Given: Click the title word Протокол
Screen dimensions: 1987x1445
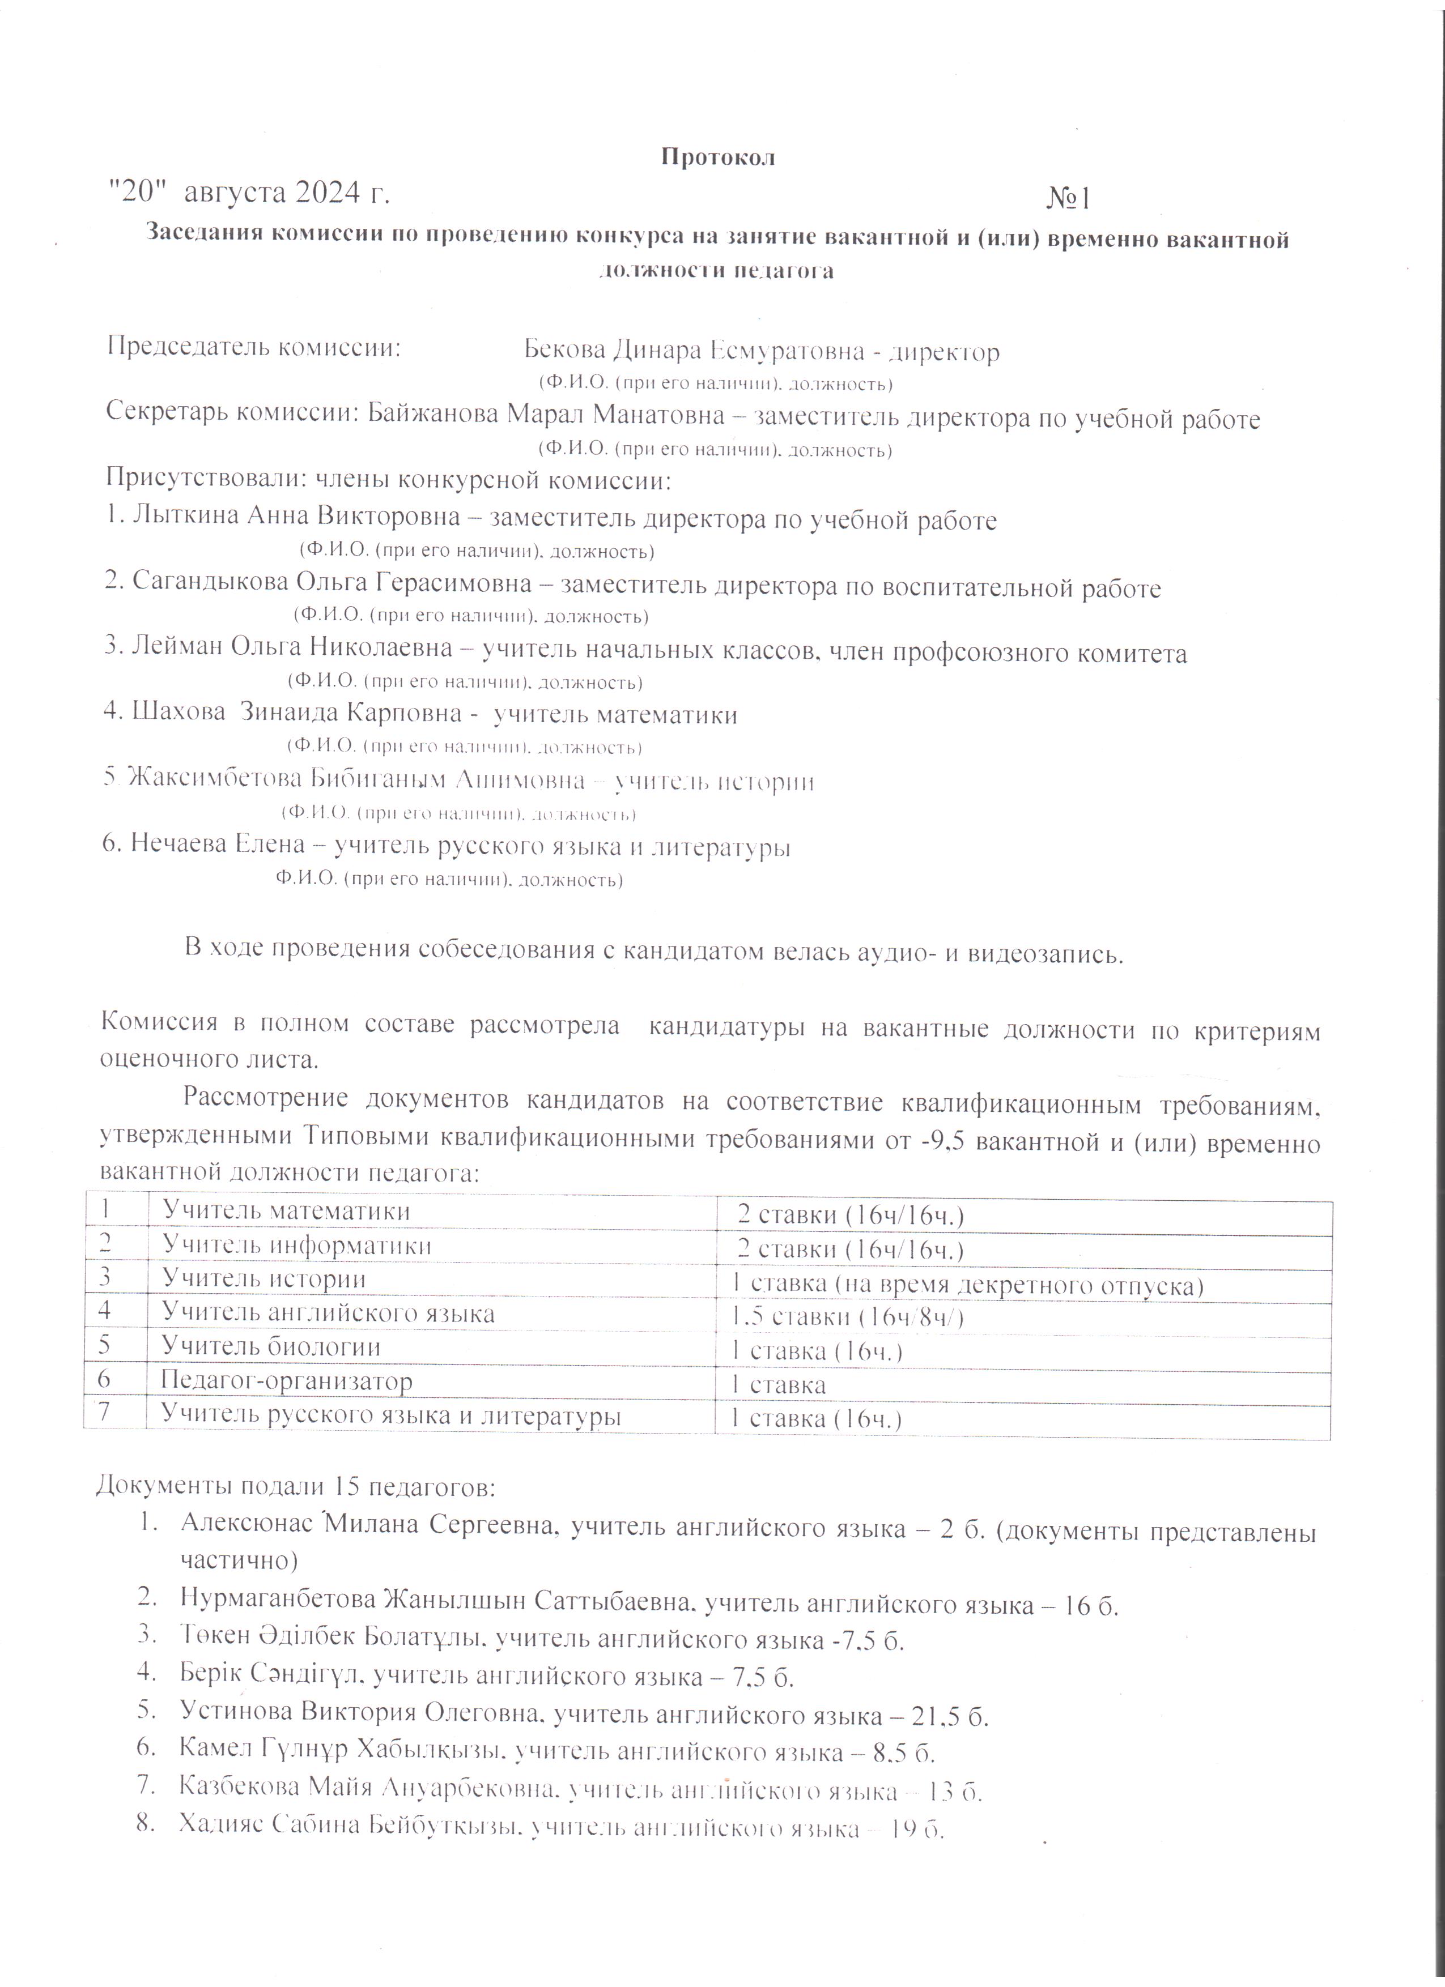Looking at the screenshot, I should coord(717,157).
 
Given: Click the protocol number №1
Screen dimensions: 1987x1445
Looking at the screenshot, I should coord(1068,199).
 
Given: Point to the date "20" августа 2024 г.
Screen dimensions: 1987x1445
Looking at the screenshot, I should coord(249,192).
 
